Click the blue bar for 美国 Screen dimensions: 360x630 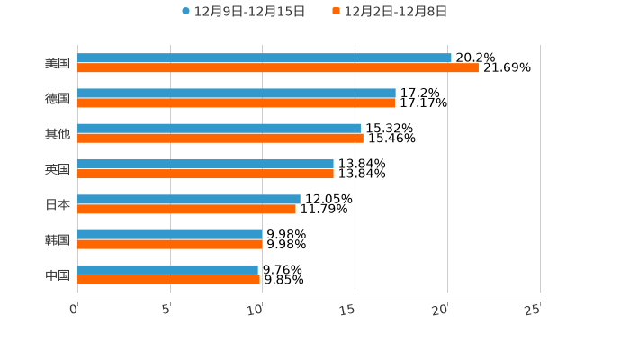pos(265,58)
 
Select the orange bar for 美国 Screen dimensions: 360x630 pos(278,67)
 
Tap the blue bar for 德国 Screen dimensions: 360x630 pos(237,94)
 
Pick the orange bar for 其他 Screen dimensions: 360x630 pos(220,139)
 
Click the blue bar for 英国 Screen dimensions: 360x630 pos(205,164)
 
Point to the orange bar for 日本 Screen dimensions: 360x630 pos(186,209)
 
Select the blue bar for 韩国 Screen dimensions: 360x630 pos(170,234)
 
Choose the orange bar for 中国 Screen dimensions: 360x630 pos(168,279)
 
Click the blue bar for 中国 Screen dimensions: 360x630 pos(167,269)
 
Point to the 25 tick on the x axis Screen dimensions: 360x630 pos(533,310)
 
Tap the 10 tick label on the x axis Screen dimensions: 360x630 pos(256,310)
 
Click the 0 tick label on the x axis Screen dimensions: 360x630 pos(74,310)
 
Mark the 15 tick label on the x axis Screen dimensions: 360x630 pos(348,310)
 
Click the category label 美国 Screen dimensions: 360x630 pos(58,63)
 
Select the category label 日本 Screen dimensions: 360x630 pos(58,204)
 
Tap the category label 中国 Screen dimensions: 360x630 pos(58,274)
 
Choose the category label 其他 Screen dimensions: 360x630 pos(58,133)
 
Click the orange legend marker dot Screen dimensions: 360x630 pos(337,12)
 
